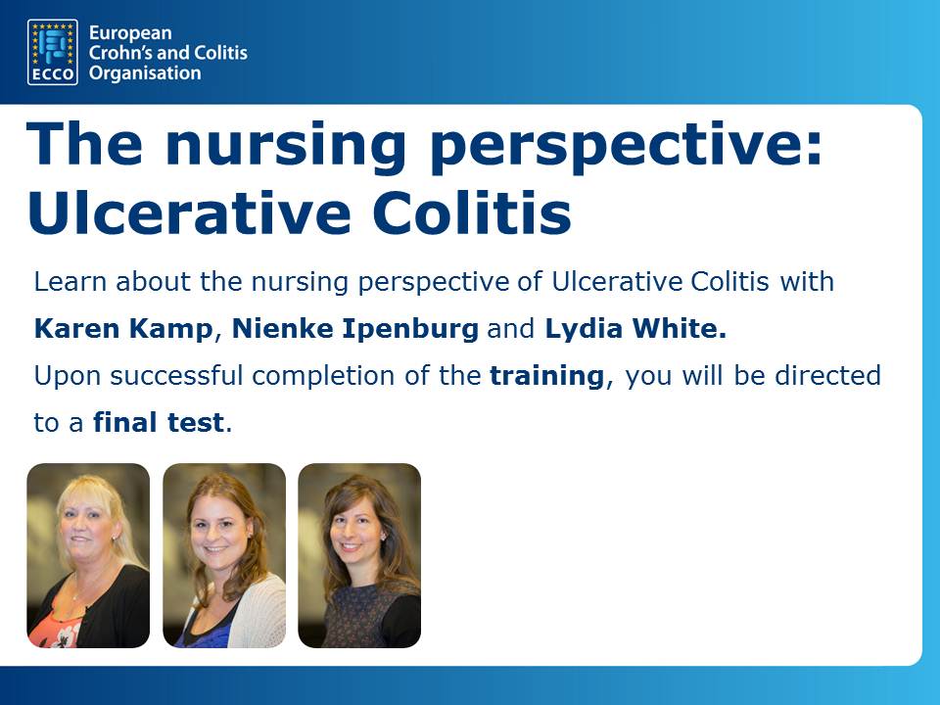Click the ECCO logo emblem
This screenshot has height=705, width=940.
pyautogui.click(x=53, y=52)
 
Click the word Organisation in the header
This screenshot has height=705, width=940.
pyautogui.click(x=145, y=73)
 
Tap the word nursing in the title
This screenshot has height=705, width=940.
pyautogui.click(x=285, y=145)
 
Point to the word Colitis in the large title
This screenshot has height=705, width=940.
pyautogui.click(x=472, y=212)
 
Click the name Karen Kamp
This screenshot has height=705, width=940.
pyautogui.click(x=123, y=329)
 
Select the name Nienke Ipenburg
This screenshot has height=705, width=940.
pyautogui.click(x=354, y=329)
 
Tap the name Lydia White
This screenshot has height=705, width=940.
pyautogui.click(x=635, y=329)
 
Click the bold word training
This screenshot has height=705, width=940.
pyautogui.click(x=546, y=376)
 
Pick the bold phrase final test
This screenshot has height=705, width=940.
pyautogui.click(x=159, y=423)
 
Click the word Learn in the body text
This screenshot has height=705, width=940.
pyautogui.click(x=70, y=282)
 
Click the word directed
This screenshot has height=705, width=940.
pyautogui.click(x=828, y=376)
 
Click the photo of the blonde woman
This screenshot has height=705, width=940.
pyautogui.click(x=88, y=555)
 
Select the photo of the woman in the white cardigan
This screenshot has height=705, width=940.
pyautogui.click(x=224, y=555)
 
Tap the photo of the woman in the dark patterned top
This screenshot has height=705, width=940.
pyautogui.click(x=359, y=555)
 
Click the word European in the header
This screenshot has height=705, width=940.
pyautogui.click(x=130, y=33)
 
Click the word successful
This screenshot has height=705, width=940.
pyautogui.click(x=176, y=376)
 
